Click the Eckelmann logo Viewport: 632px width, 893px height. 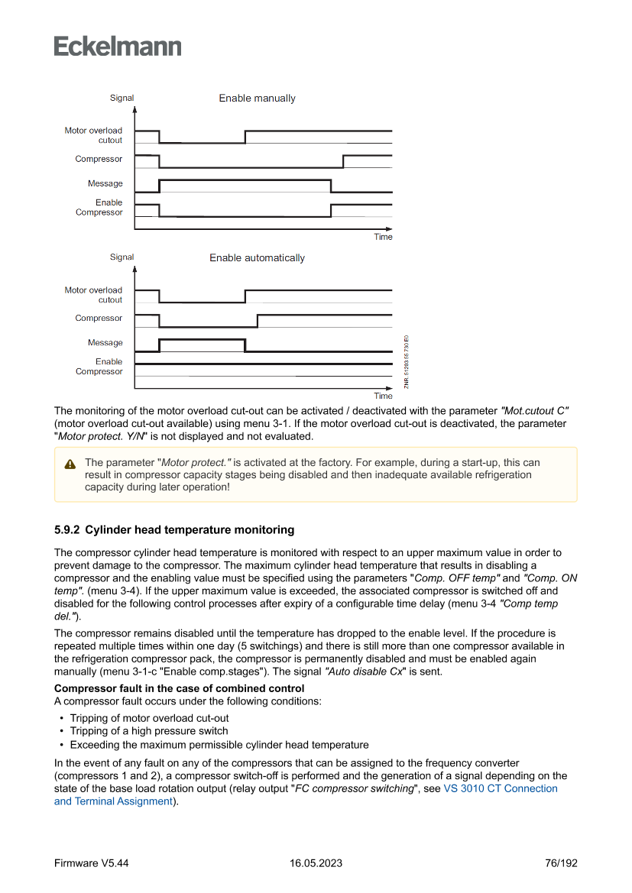click(118, 46)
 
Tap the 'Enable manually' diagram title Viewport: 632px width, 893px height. click(257, 99)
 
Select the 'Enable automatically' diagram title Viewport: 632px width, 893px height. click(257, 258)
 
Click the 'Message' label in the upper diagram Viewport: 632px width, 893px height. click(105, 183)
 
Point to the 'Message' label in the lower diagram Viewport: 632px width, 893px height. click(105, 343)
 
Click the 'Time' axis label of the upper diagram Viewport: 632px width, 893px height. click(383, 237)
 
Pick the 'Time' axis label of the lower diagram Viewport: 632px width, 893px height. click(383, 396)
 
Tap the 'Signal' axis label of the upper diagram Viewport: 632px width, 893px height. click(122, 98)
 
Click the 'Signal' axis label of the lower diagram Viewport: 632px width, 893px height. click(122, 257)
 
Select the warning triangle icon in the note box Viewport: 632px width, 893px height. click(70, 464)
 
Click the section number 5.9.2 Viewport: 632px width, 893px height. click(67, 529)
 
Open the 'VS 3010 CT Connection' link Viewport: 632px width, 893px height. click(501, 788)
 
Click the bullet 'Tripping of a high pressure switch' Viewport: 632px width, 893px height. click(148, 731)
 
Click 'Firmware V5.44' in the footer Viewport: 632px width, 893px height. click(91, 863)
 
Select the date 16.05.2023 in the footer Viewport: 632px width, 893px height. click(316, 863)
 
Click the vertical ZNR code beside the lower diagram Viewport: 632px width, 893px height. click(407, 361)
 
